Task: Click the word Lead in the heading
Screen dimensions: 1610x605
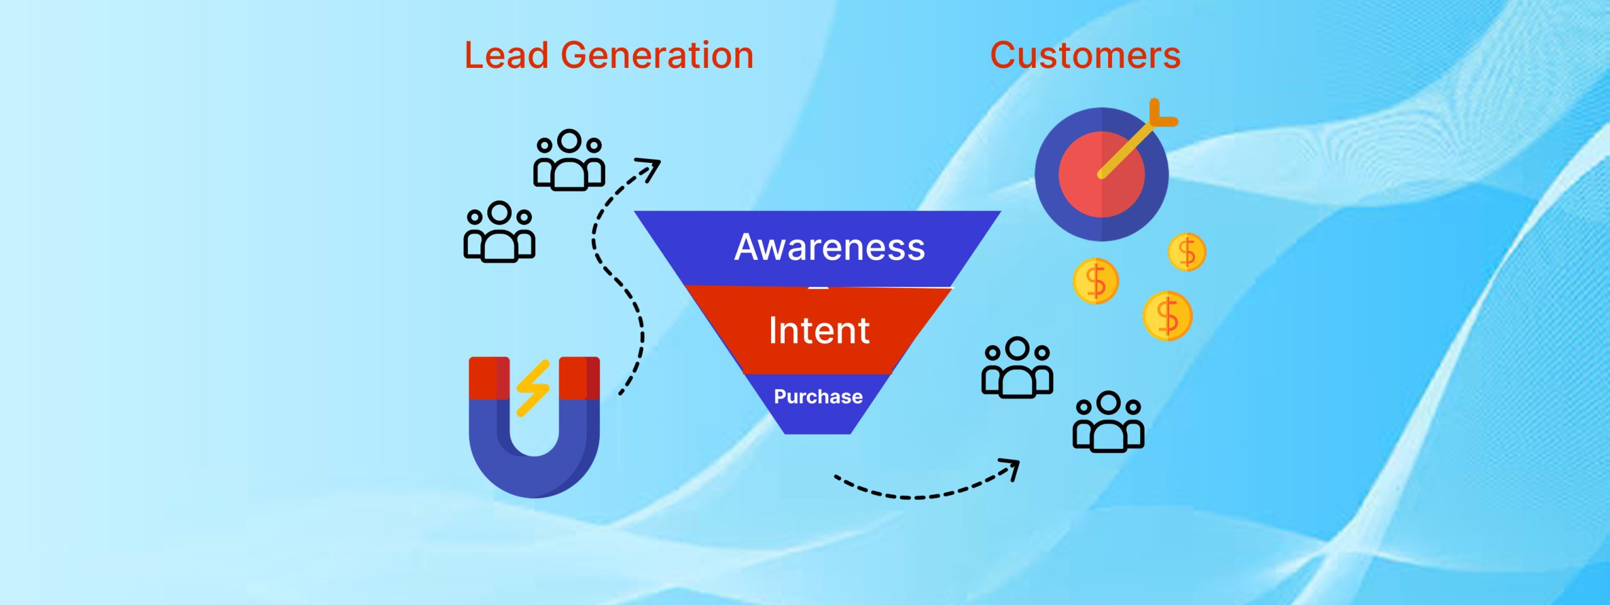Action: tap(506, 55)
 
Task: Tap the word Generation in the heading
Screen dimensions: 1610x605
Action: tap(657, 55)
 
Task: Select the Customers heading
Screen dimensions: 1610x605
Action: tap(1085, 55)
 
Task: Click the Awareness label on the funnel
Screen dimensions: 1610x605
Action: tap(830, 247)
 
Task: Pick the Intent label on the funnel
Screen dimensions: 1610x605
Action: tap(819, 330)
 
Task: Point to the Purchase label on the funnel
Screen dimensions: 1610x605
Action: tap(818, 397)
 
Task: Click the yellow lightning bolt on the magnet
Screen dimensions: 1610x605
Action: tap(533, 388)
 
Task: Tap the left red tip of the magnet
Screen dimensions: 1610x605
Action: tap(489, 378)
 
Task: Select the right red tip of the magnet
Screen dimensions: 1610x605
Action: tap(579, 378)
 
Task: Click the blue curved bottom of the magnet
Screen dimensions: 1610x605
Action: tap(535, 469)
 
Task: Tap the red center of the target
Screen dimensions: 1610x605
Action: tap(1102, 175)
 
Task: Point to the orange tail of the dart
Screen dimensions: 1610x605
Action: tap(1162, 114)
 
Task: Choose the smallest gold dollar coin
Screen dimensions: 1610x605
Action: tap(1187, 252)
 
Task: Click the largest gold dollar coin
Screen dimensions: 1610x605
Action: tap(1168, 316)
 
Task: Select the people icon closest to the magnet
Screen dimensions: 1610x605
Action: tap(499, 231)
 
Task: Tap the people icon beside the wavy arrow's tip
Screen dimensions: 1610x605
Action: tap(569, 160)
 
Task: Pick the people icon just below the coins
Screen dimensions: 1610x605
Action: tap(1018, 367)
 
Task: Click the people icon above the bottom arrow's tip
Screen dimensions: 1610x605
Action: tap(1108, 421)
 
